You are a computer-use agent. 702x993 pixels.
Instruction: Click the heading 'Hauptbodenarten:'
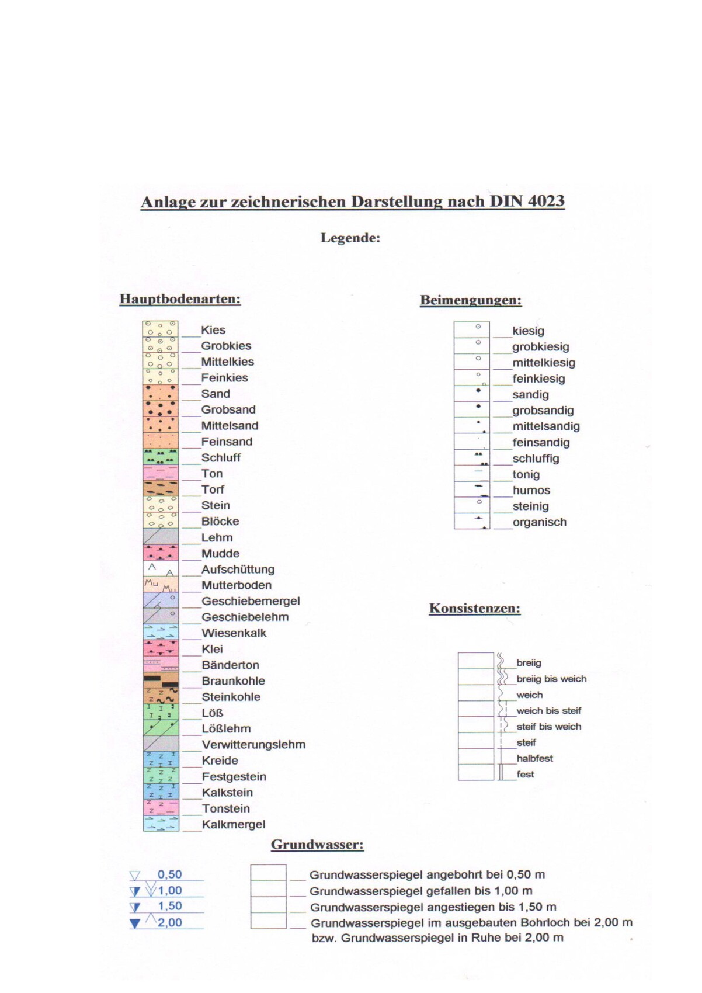click(x=180, y=299)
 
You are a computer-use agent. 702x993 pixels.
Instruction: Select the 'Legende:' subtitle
click(x=350, y=238)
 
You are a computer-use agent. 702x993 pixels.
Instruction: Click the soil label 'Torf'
click(x=213, y=489)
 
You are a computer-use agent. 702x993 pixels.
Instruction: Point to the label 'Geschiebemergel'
click(x=251, y=601)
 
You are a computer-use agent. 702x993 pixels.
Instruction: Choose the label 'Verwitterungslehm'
click(x=253, y=745)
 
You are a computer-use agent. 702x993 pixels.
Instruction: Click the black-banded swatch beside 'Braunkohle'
click(x=161, y=680)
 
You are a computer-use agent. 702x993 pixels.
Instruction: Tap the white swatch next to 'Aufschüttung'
click(x=161, y=569)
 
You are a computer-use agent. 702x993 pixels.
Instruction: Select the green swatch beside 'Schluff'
click(x=161, y=457)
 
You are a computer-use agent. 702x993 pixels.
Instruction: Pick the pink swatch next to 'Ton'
click(x=161, y=473)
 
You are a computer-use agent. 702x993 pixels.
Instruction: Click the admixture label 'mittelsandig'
click(x=546, y=426)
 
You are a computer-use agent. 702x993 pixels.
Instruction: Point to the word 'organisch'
click(x=540, y=522)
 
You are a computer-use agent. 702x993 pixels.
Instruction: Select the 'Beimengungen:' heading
click(x=471, y=300)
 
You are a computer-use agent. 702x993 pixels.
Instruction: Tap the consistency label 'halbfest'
click(x=534, y=758)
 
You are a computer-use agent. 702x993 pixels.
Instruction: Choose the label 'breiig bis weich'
click(x=551, y=679)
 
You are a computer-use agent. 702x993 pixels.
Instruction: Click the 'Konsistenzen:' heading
click(x=475, y=608)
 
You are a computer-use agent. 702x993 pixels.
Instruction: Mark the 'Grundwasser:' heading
click(x=317, y=845)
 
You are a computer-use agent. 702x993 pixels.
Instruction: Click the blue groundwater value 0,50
click(x=170, y=874)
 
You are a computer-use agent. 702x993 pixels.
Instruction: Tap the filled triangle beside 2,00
click(x=135, y=923)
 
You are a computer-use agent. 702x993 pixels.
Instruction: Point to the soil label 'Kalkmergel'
click(x=234, y=825)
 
